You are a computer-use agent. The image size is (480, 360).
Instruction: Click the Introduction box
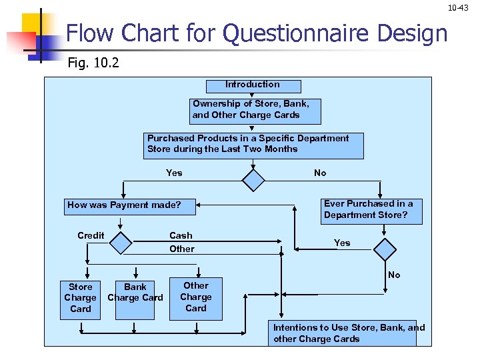(x=253, y=86)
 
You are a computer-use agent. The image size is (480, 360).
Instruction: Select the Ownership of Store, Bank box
(x=255, y=111)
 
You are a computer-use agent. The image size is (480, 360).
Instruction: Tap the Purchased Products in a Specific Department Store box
(x=253, y=146)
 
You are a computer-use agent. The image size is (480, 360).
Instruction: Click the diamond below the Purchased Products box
(x=253, y=180)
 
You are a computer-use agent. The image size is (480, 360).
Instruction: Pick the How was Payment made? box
(x=130, y=207)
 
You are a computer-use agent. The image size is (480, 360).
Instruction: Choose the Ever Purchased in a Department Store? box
(x=371, y=211)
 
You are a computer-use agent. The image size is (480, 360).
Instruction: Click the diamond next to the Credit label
(x=121, y=243)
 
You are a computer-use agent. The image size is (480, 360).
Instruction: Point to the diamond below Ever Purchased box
(x=385, y=249)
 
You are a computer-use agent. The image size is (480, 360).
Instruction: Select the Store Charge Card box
(x=80, y=300)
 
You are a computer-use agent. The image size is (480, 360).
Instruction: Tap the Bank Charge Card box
(x=135, y=300)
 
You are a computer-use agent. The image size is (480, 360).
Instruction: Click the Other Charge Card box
(x=196, y=299)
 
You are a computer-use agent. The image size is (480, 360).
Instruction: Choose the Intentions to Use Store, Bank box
(x=342, y=333)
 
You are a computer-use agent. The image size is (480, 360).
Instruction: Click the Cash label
(x=181, y=235)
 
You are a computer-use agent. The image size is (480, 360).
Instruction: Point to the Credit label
(x=91, y=235)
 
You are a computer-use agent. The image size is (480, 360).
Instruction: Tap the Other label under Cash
(x=182, y=249)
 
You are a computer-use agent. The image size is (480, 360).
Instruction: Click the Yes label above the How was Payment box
(x=174, y=173)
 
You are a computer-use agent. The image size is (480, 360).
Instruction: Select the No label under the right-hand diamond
(x=394, y=275)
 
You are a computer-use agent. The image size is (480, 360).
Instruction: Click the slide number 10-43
(x=458, y=7)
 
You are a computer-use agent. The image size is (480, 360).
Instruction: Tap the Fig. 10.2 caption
(x=93, y=63)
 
